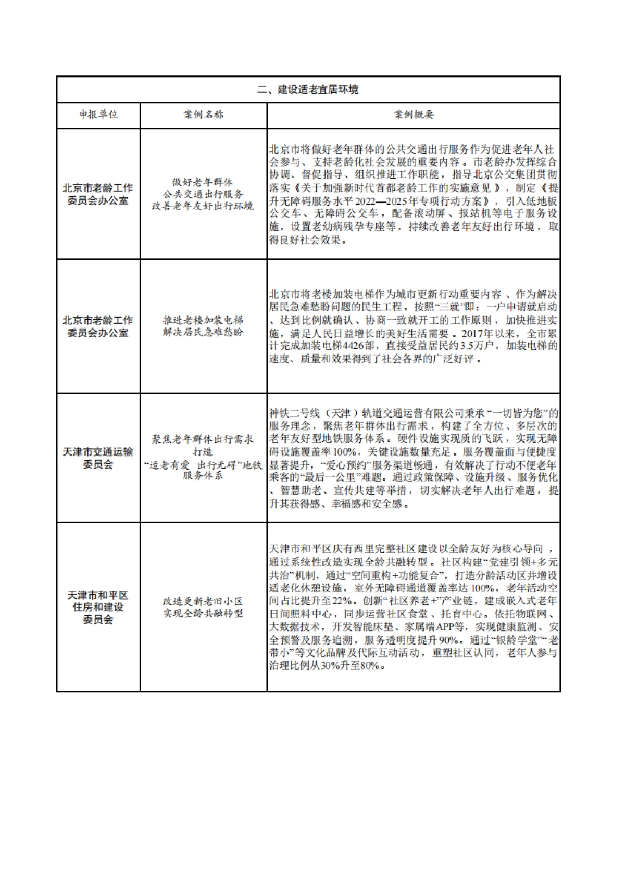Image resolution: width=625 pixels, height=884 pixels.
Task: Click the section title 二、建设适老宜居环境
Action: click(308, 90)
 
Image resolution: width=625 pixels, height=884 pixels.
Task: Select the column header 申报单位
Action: click(98, 115)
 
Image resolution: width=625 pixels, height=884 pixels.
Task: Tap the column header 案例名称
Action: click(203, 115)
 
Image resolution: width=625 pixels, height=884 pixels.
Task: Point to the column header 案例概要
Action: click(414, 115)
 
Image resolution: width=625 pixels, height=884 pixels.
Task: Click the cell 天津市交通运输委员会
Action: click(98, 458)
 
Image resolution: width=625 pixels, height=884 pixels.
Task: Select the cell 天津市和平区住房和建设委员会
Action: click(98, 607)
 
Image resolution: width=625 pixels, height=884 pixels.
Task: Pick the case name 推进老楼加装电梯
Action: click(203, 320)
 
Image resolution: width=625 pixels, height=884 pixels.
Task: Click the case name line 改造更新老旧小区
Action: click(203, 601)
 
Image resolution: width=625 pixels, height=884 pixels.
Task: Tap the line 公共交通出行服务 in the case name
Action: click(203, 194)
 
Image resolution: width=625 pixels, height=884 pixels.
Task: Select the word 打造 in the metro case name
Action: click(203, 451)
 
